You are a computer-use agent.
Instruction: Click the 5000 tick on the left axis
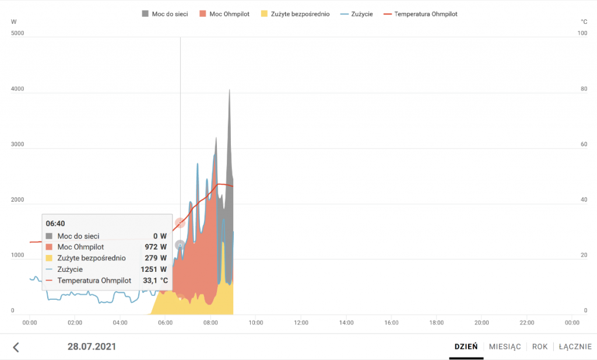(x=17, y=33)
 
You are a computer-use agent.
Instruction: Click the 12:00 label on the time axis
(x=301, y=322)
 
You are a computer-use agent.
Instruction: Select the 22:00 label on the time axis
(x=527, y=322)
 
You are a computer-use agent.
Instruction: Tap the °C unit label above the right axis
(x=584, y=22)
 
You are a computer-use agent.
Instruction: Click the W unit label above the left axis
(x=13, y=22)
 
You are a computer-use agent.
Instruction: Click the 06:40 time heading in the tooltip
(x=55, y=223)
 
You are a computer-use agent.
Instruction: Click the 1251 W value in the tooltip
(x=154, y=270)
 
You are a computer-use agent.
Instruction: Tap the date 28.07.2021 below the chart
(x=92, y=347)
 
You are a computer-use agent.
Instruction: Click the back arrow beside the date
(x=16, y=347)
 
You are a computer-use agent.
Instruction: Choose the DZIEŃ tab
(x=466, y=347)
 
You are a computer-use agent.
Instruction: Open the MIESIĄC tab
(x=504, y=347)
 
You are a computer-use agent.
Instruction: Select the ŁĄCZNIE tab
(x=575, y=347)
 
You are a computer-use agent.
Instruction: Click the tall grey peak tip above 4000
(x=229, y=90)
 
